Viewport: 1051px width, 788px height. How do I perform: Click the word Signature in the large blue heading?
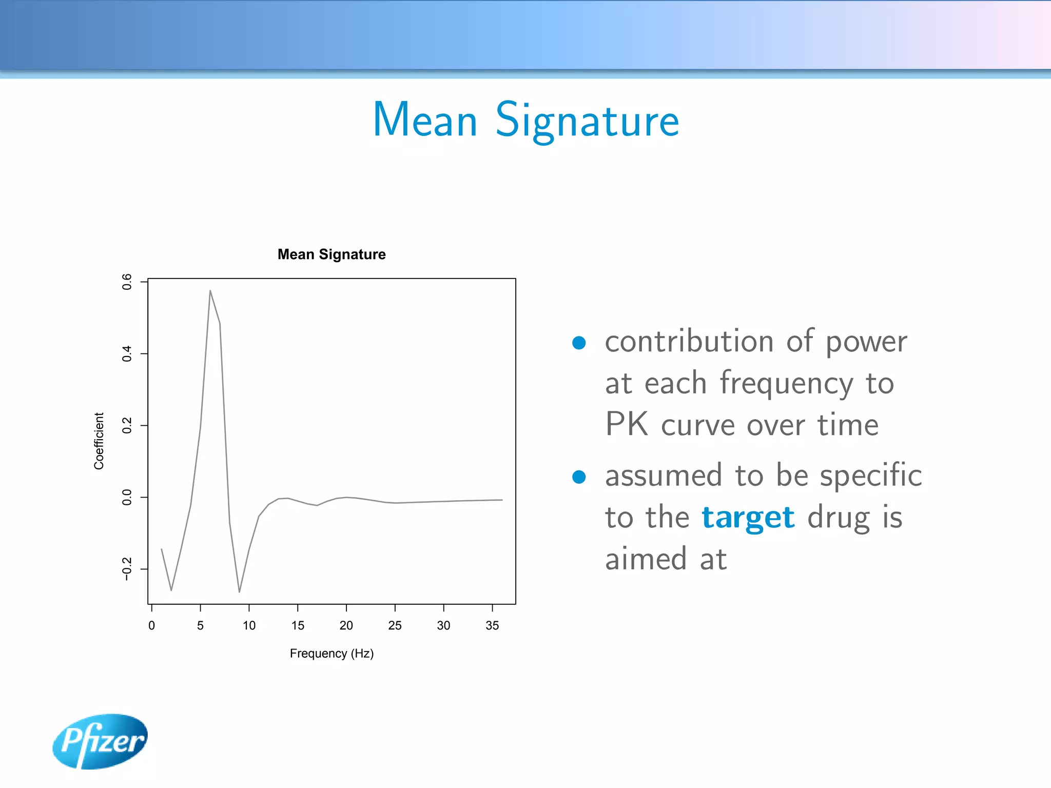pyautogui.click(x=587, y=121)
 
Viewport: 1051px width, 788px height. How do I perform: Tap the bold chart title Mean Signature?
pyautogui.click(x=332, y=254)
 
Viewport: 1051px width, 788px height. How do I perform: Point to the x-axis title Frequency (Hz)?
pyautogui.click(x=332, y=654)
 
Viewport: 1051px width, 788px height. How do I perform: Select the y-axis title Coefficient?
pyautogui.click(x=99, y=441)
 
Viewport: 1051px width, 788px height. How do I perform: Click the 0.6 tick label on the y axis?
pyautogui.click(x=127, y=282)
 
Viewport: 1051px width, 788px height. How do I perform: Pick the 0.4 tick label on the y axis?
pyautogui.click(x=127, y=353)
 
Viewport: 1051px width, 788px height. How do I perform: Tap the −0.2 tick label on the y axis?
pyautogui.click(x=127, y=569)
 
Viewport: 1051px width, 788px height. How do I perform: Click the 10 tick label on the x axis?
pyautogui.click(x=249, y=625)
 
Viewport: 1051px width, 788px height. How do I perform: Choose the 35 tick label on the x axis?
pyautogui.click(x=492, y=625)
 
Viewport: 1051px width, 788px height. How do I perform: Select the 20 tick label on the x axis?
pyautogui.click(x=346, y=625)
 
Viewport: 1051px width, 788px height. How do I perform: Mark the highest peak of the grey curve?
pyautogui.click(x=210, y=291)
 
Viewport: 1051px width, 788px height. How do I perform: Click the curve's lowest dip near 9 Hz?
pyautogui.click(x=239, y=592)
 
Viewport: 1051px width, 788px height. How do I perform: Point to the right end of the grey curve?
pyautogui.click(x=501, y=500)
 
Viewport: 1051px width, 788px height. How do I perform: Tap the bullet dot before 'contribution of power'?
pyautogui.click(x=579, y=343)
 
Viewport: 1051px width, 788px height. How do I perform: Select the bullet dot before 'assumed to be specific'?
pyautogui.click(x=579, y=477)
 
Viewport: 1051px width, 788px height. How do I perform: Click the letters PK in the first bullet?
pyautogui.click(x=626, y=425)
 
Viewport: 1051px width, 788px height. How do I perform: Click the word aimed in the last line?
pyautogui.click(x=646, y=559)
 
